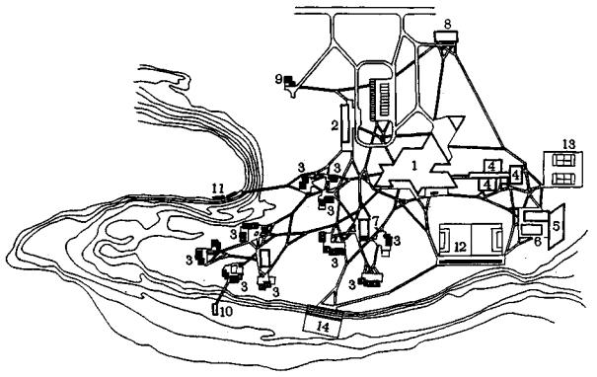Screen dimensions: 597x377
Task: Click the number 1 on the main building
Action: pos(414,166)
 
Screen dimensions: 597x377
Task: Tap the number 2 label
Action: pos(335,125)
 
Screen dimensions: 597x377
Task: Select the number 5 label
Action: pos(556,226)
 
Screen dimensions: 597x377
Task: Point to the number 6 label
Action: pos(538,242)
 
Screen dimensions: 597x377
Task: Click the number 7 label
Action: pos(375,220)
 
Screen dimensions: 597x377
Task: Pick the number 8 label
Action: pos(448,24)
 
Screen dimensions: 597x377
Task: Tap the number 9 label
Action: pos(279,80)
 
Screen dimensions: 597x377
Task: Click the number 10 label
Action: pos(225,312)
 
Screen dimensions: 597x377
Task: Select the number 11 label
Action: pos(217,188)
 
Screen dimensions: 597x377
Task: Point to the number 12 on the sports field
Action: pos(460,247)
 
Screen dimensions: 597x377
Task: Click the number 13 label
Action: pos(568,144)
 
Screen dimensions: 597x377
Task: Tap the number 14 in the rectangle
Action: pos(323,327)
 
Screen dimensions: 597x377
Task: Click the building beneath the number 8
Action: pos(446,38)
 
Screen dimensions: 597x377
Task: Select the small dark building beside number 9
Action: pos(290,81)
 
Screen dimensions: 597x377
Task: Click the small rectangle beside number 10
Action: pos(215,309)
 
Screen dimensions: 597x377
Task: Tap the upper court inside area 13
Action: pos(563,160)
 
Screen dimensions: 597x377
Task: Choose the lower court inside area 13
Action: pos(563,179)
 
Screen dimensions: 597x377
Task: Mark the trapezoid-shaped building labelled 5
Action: pos(556,227)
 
